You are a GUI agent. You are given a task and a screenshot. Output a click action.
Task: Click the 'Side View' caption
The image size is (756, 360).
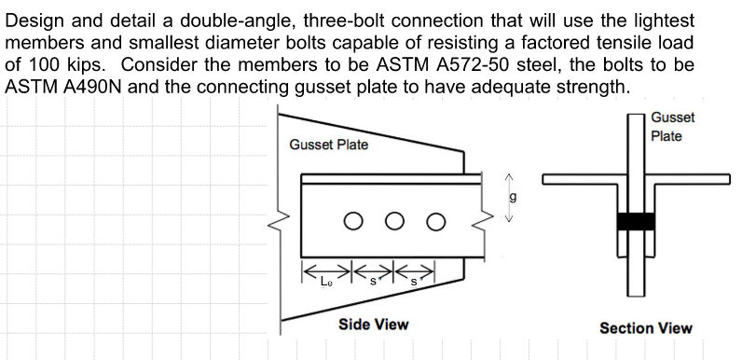(x=372, y=324)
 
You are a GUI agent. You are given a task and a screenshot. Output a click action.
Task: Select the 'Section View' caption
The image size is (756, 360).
(x=645, y=327)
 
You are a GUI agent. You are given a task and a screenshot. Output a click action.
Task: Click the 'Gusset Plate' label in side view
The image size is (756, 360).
(x=328, y=145)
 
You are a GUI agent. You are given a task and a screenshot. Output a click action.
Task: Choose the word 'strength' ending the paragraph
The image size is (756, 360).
(x=589, y=88)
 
